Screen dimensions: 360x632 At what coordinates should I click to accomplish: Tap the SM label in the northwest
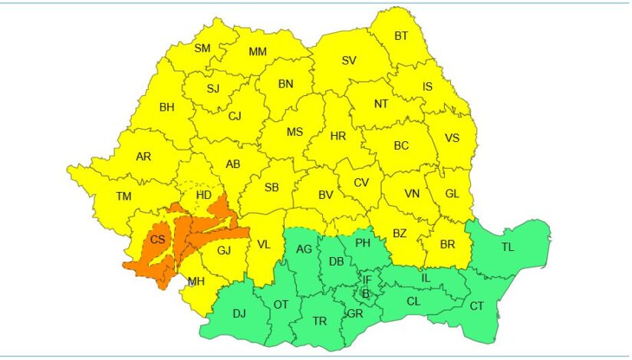(x=202, y=48)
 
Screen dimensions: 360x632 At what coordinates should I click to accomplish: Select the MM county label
(x=258, y=51)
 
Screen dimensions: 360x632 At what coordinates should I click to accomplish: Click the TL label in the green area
(x=508, y=247)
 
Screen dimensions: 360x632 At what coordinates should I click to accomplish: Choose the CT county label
(x=477, y=306)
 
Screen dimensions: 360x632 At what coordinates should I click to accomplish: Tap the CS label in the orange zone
(x=157, y=239)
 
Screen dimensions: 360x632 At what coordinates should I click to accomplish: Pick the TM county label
(x=124, y=197)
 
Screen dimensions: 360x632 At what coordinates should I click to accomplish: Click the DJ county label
(x=239, y=313)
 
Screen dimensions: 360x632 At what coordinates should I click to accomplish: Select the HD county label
(x=203, y=196)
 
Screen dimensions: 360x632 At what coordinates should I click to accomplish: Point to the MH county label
(x=196, y=281)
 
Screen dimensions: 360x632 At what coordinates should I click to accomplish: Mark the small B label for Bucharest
(x=366, y=294)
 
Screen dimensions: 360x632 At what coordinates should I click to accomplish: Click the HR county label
(x=337, y=136)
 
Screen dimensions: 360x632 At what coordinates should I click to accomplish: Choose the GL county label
(x=453, y=193)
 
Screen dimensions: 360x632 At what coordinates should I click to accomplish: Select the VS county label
(x=453, y=140)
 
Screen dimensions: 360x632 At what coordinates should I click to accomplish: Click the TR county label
(x=319, y=321)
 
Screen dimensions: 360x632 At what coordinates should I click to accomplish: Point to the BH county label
(x=166, y=107)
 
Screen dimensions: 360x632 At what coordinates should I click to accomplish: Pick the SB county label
(x=271, y=187)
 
